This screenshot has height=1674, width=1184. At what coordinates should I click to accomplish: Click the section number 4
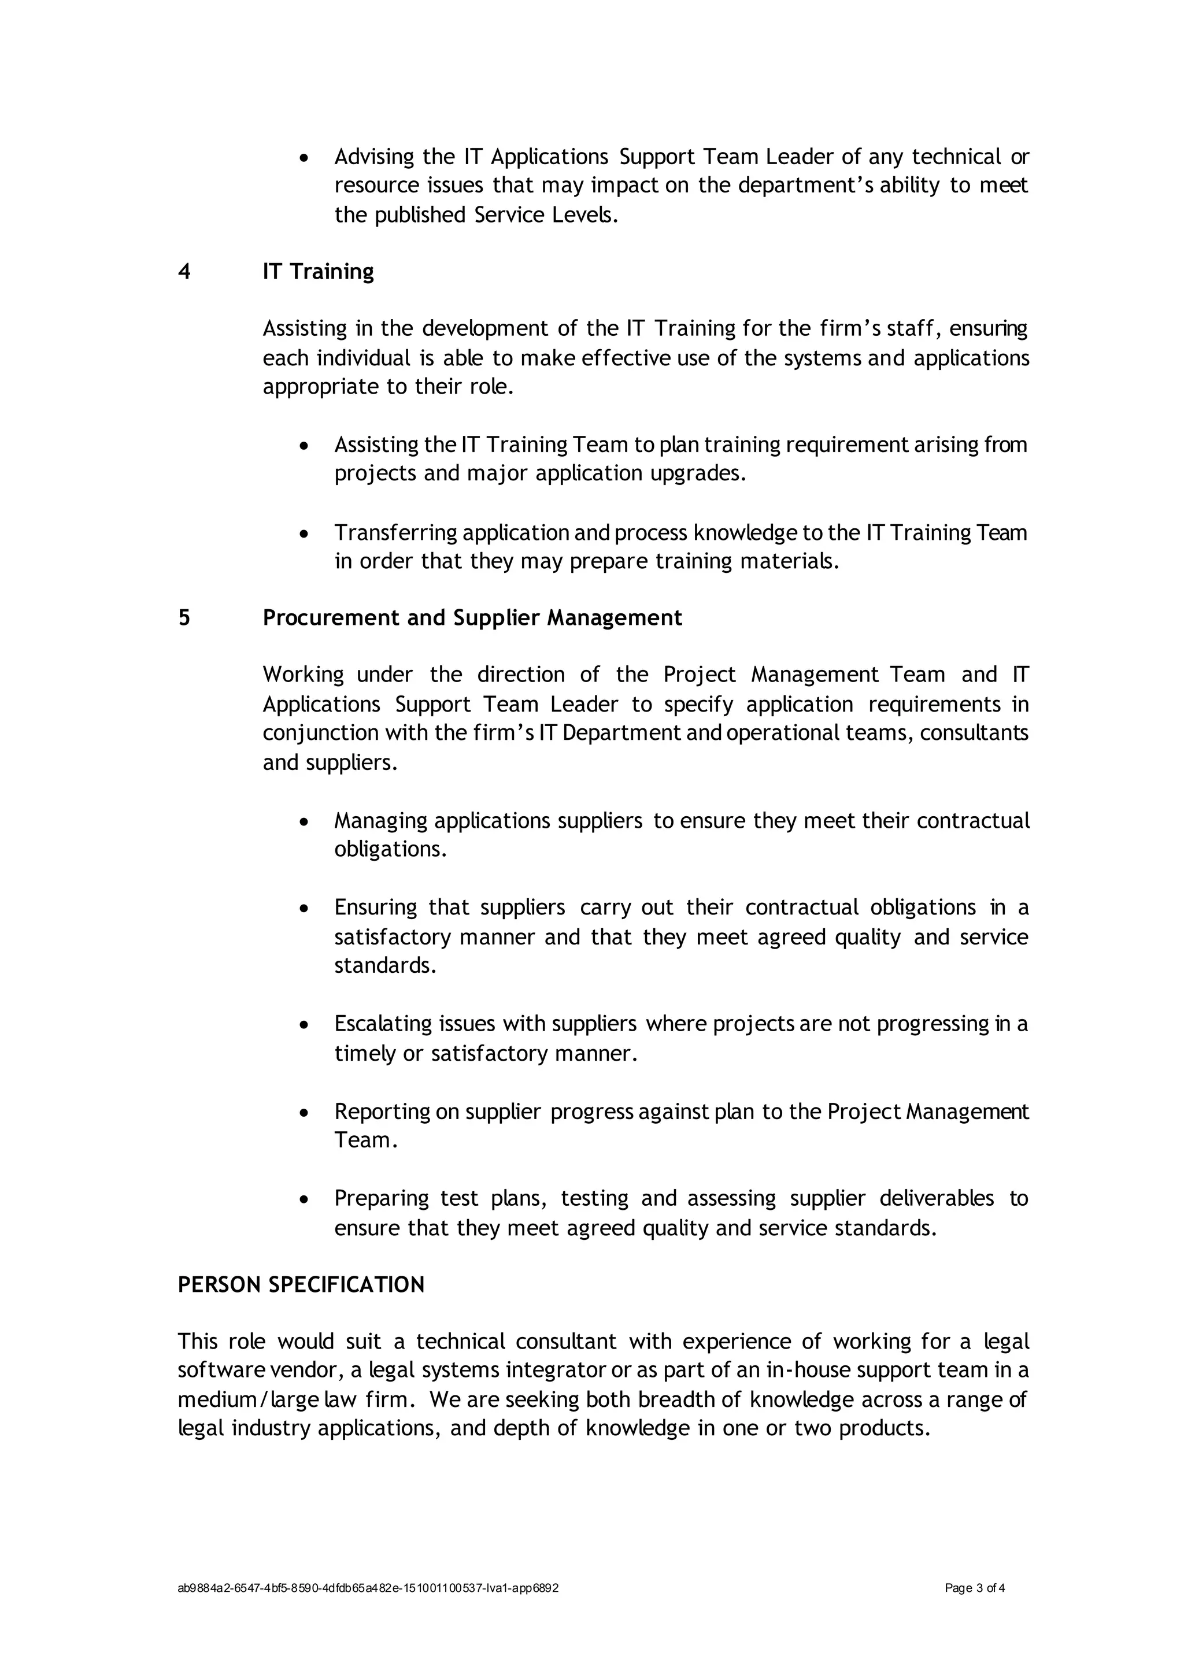coord(184,271)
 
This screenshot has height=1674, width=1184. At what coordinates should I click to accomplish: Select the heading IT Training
coord(318,271)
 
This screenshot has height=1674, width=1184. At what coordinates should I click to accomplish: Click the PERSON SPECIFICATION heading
coord(301,1284)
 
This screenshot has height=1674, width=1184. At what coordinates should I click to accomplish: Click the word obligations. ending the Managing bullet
coord(390,849)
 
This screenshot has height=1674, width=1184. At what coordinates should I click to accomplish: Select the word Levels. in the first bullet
coord(583,215)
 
